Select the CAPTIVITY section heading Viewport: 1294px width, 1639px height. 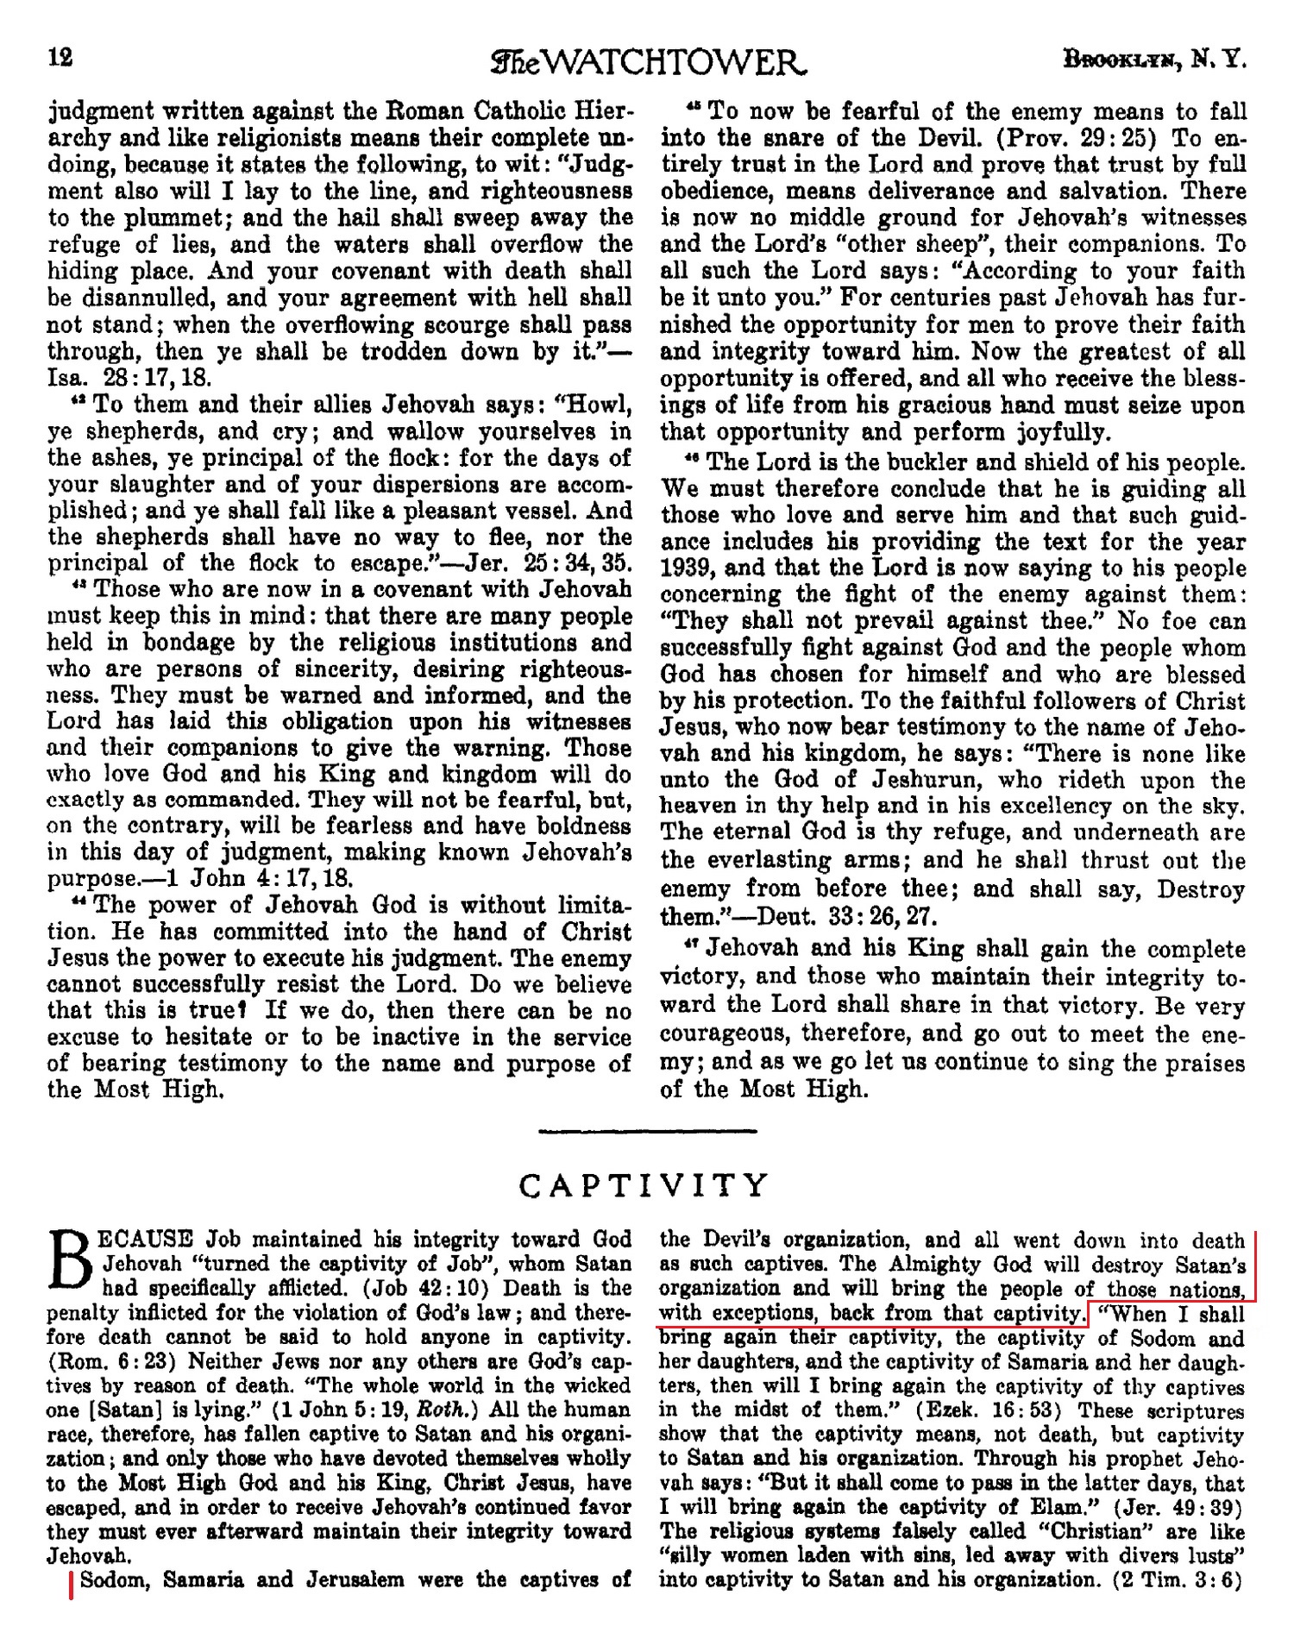point(644,1186)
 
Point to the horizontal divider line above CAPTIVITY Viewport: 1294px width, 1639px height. point(647,1131)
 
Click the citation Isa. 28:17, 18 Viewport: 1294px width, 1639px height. point(130,379)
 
